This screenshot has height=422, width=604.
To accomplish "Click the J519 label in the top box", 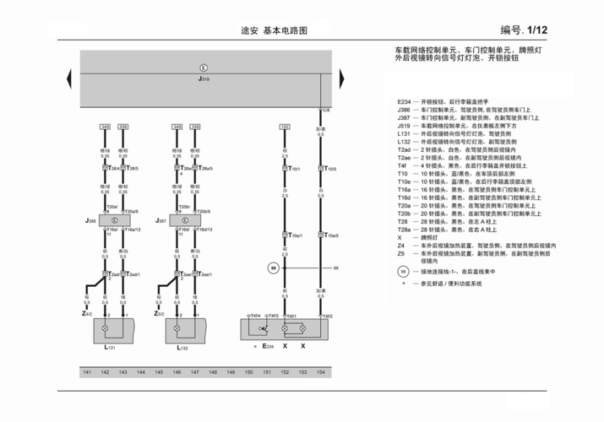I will pyautogui.click(x=203, y=78).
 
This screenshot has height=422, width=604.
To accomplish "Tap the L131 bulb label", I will pyautogui.click(x=110, y=347).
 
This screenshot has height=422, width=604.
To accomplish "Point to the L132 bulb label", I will pyautogui.click(x=182, y=347).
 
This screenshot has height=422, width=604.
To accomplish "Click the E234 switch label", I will pyautogui.click(x=267, y=346).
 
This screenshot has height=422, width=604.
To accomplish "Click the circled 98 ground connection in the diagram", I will pyautogui.click(x=274, y=268).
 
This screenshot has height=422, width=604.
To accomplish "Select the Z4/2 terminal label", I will pyautogui.click(x=87, y=313).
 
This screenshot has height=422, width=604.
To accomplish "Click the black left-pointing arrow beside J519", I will pyautogui.click(x=70, y=77).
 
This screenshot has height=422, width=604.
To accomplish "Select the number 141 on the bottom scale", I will pyautogui.click(x=86, y=372).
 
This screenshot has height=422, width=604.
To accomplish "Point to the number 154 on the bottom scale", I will pyautogui.click(x=319, y=372).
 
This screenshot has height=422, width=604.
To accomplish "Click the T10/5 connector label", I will pyautogui.click(x=331, y=170).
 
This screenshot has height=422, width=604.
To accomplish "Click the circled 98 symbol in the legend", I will pyautogui.click(x=404, y=272).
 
